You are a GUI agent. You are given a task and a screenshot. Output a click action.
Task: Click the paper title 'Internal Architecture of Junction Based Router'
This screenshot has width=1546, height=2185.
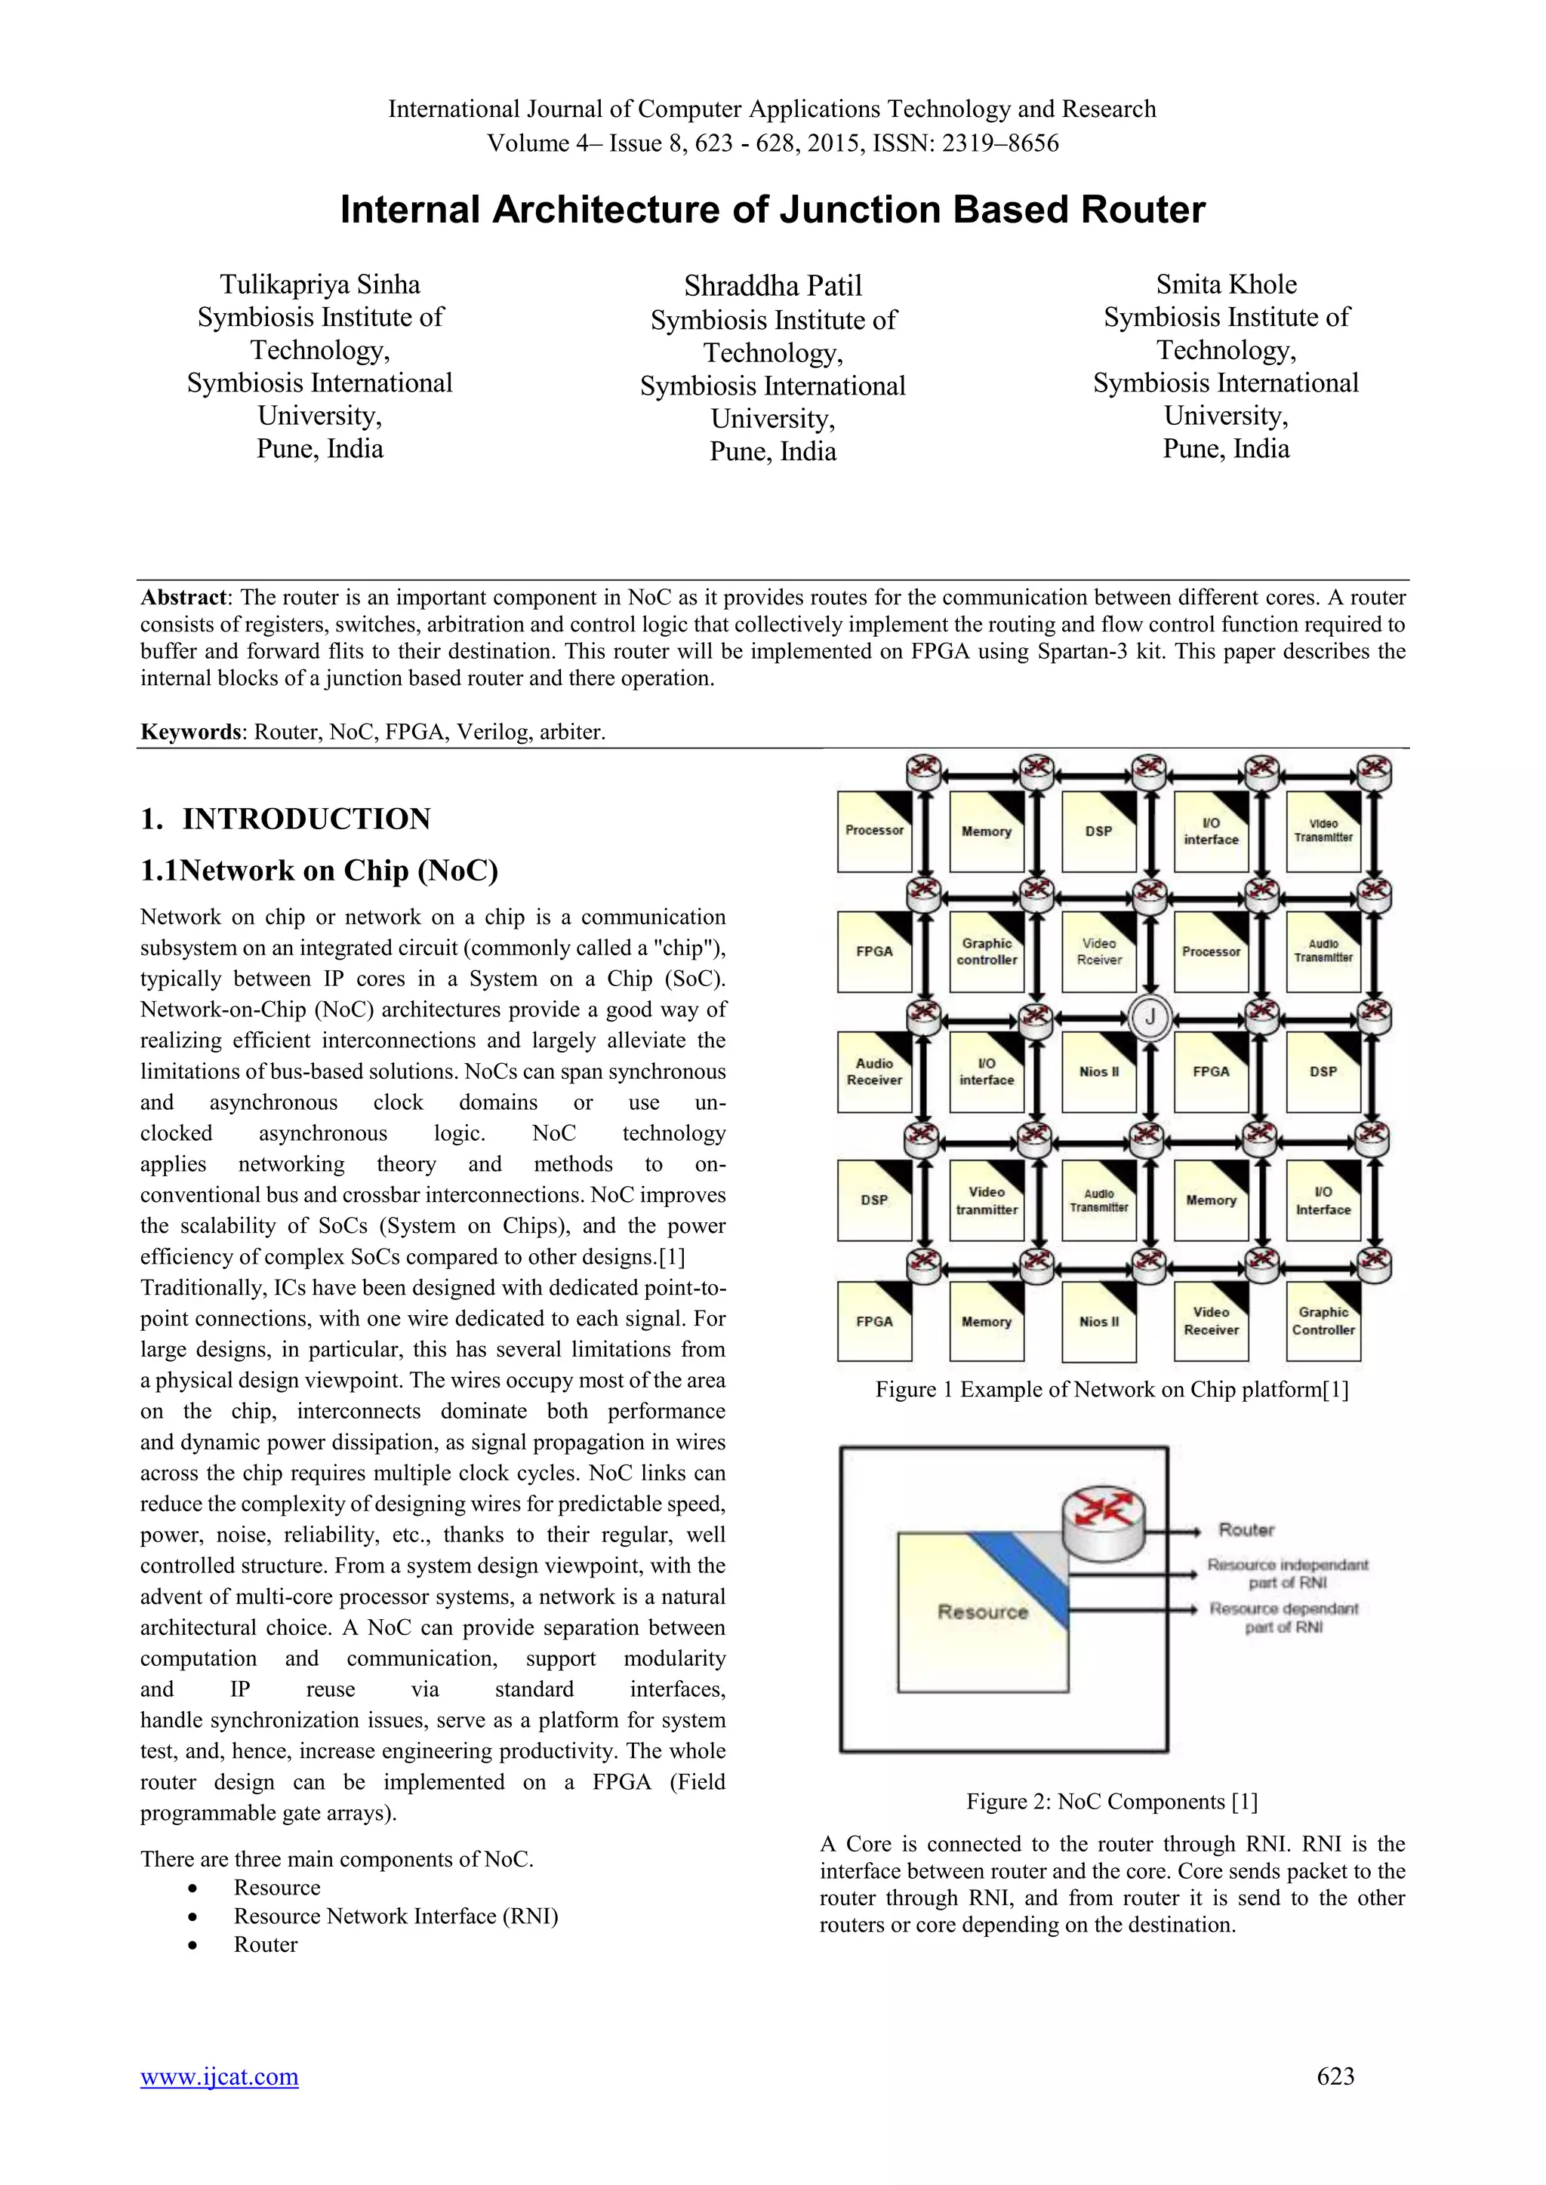[x=772, y=209]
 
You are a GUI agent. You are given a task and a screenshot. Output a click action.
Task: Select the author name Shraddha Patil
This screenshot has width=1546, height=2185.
[x=772, y=285]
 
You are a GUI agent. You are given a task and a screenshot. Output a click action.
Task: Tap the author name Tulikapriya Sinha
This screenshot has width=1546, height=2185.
[x=320, y=284]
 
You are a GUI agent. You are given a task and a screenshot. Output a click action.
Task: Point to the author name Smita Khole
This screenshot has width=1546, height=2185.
[x=1226, y=284]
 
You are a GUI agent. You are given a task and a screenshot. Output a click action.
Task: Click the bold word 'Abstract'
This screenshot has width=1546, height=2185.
[x=183, y=598]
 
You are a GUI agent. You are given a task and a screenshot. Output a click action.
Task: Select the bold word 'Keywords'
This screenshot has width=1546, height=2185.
[x=189, y=732]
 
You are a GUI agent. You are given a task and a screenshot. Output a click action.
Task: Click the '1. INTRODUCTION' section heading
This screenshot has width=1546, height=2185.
[x=285, y=819]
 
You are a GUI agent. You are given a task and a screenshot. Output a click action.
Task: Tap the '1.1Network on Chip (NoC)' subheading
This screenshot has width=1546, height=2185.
[x=319, y=871]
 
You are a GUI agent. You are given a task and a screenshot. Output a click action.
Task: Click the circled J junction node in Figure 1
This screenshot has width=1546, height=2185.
[x=1150, y=1017]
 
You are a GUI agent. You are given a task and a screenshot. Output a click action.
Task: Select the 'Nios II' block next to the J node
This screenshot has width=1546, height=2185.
[x=1098, y=1071]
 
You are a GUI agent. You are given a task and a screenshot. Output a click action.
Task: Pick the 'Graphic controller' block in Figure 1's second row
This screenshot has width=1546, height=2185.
[x=986, y=951]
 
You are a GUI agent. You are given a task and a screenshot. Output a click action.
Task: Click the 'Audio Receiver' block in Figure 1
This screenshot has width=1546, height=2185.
[x=874, y=1071]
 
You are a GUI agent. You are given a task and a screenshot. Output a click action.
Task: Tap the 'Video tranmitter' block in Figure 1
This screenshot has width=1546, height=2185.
[x=986, y=1200]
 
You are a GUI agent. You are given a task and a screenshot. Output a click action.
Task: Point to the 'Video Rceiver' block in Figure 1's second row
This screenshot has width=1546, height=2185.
[x=1098, y=951]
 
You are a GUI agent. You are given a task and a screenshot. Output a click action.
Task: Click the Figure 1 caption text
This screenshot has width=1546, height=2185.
[x=1112, y=1390]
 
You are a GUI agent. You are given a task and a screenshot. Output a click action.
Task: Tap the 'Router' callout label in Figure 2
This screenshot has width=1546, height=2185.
[x=1246, y=1529]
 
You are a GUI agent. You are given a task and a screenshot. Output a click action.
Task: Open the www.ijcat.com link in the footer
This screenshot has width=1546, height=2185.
[x=219, y=2076]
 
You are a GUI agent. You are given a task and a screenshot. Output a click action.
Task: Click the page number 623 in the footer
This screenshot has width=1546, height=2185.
[x=1335, y=2076]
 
